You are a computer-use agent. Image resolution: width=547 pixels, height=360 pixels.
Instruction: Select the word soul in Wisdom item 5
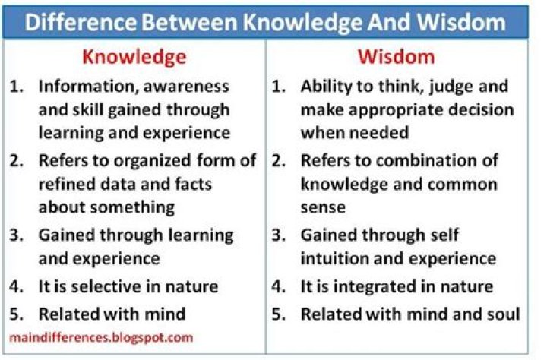(502, 314)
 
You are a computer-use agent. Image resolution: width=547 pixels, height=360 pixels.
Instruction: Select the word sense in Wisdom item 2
(322, 207)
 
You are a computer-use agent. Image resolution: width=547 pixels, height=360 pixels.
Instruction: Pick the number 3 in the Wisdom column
(277, 235)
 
